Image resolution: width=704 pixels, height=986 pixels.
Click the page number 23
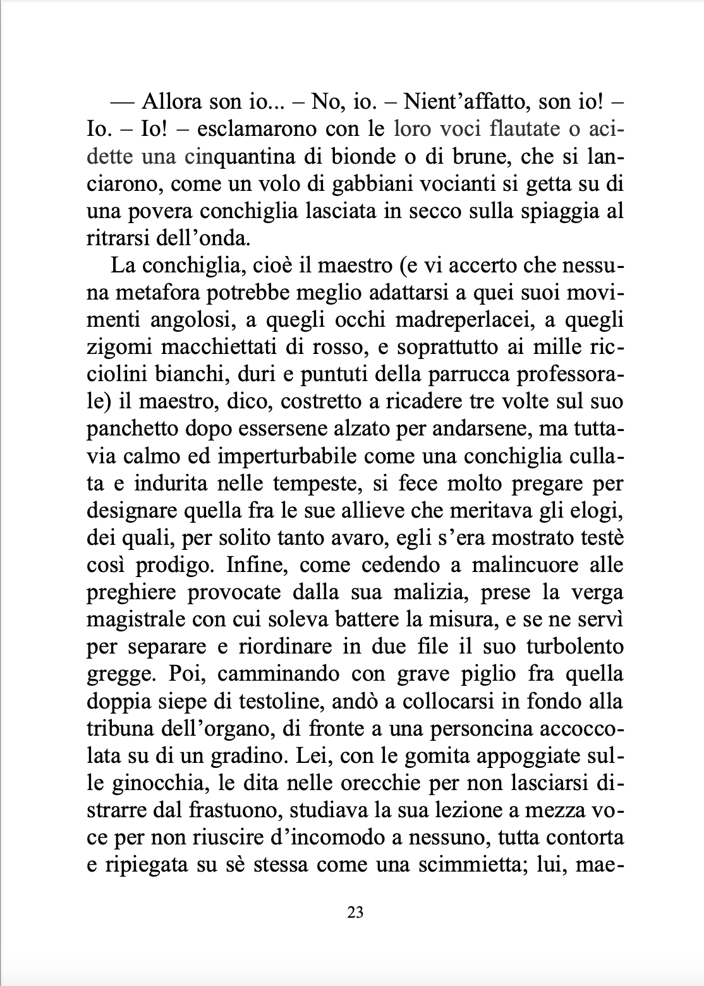tap(355, 912)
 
